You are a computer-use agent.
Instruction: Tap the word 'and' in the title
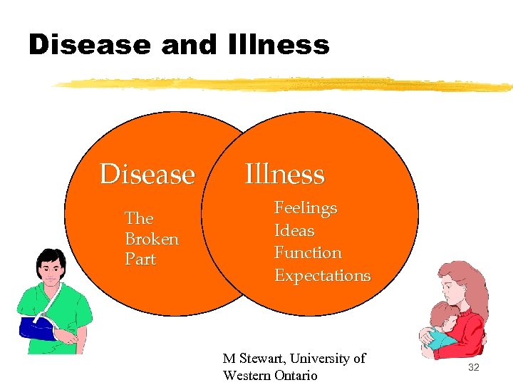188,45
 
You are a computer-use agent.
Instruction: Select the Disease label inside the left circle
147,174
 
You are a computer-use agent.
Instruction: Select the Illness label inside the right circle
284,174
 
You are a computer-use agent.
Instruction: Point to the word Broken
152,239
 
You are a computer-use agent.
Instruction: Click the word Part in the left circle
140,260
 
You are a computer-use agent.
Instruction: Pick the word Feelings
306,208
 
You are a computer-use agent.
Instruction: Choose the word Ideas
294,230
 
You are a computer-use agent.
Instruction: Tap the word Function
308,252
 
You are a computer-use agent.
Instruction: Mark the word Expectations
322,275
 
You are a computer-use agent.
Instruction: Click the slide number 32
474,366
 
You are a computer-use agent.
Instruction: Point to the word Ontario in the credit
291,375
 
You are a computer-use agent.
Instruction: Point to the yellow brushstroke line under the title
285,84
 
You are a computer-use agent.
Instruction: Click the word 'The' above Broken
139,218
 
